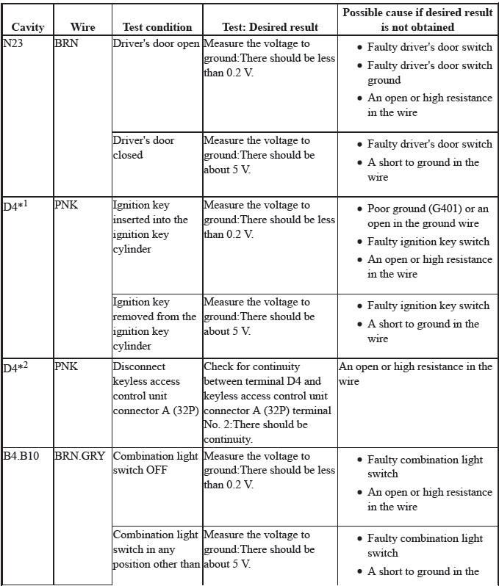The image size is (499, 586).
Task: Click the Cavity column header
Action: (28, 27)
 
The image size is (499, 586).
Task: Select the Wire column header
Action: (82, 27)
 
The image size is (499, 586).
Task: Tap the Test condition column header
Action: (157, 27)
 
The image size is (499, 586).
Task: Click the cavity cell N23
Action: (14, 43)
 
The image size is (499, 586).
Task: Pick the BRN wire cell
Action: (66, 43)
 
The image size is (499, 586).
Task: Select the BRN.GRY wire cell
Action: (79, 456)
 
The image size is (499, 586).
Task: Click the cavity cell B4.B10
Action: (21, 456)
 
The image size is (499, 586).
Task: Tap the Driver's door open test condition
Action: (156, 43)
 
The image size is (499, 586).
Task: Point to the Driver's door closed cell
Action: (144, 148)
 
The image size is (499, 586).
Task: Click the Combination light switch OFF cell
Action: (155, 463)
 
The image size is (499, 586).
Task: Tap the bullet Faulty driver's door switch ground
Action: (430, 73)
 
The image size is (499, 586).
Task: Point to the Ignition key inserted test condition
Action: (150, 227)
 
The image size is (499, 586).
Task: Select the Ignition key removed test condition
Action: (154, 324)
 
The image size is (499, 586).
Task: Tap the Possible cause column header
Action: (417, 20)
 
